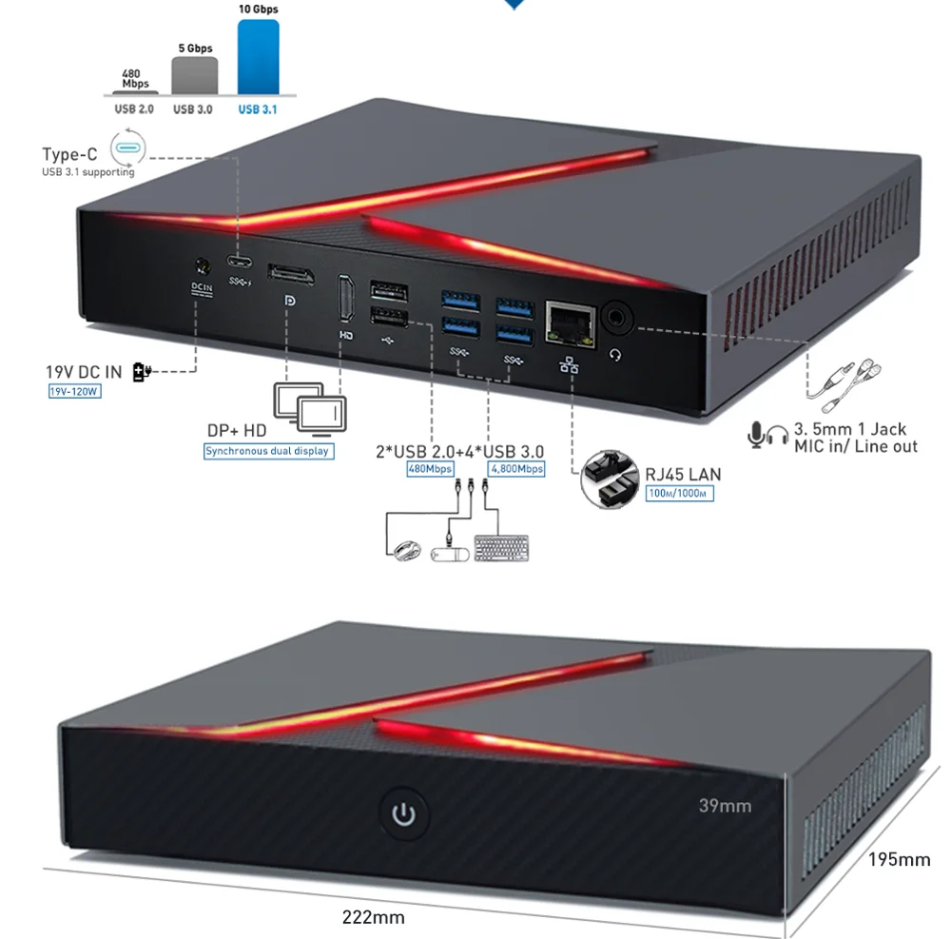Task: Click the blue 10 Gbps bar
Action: click(x=258, y=58)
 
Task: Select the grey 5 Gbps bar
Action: click(x=194, y=76)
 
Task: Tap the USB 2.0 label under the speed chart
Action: click(x=134, y=109)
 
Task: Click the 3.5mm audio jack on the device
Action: click(x=614, y=317)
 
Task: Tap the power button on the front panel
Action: click(x=406, y=814)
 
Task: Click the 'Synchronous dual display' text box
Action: click(x=268, y=451)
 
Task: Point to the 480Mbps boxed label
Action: click(x=430, y=468)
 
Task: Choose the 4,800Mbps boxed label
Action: click(x=516, y=468)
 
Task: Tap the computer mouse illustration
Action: click(x=404, y=550)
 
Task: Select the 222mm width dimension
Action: click(x=374, y=917)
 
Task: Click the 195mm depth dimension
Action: click(x=899, y=860)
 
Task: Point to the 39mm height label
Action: click(x=725, y=806)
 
